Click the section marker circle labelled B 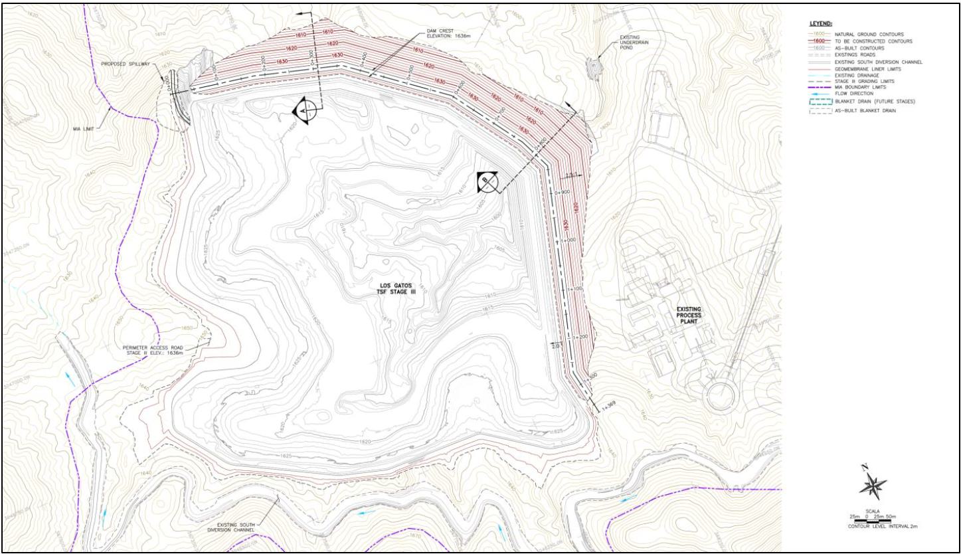(486, 181)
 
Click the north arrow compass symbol (872, 485)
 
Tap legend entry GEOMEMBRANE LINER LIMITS (867, 68)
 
